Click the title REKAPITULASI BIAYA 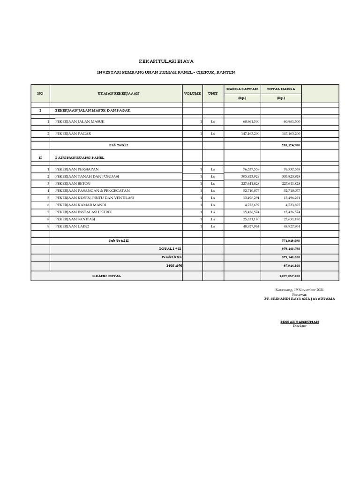[x=166, y=61]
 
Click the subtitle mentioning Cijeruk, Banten [x=166, y=73]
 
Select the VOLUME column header [x=192, y=93]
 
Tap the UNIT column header [x=213, y=93]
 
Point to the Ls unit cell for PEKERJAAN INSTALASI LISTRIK [x=213, y=212]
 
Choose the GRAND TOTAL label [x=106, y=276]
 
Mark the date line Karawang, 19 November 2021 [x=300, y=290]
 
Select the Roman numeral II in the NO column [x=40, y=157]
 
